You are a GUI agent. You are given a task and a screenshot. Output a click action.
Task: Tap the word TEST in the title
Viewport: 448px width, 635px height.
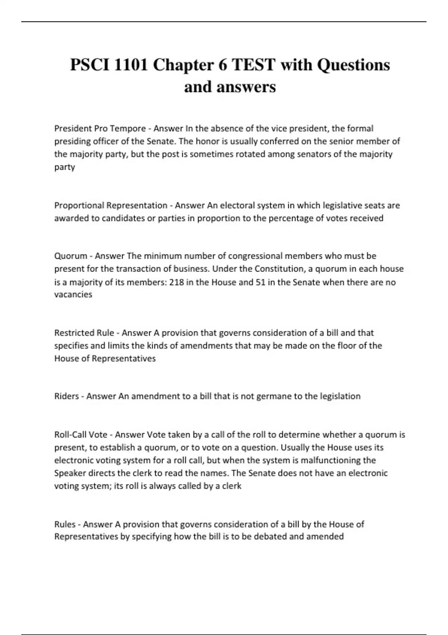(253, 65)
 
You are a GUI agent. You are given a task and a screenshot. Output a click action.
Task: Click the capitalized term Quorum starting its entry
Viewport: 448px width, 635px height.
(71, 256)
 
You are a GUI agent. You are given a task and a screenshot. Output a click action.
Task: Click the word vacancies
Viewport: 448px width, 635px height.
(73, 294)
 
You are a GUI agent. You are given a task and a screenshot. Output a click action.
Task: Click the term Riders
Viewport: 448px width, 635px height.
(66, 396)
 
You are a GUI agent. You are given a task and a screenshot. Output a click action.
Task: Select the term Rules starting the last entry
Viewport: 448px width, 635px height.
(65, 524)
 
